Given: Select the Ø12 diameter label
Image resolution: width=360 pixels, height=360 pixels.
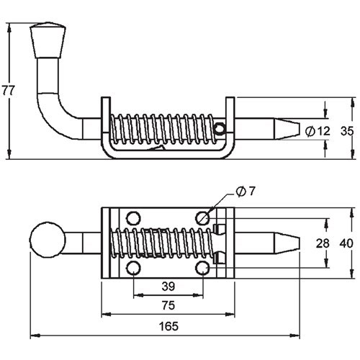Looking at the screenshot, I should pos(317,130).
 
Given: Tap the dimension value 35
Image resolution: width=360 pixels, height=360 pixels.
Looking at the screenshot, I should pos(346,130).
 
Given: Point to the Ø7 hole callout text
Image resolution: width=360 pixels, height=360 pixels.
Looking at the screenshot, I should pos(246,191).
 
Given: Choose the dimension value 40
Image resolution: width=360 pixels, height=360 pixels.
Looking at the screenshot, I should pos(346,243).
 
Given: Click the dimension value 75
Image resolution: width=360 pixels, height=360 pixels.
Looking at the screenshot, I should pos(168,305).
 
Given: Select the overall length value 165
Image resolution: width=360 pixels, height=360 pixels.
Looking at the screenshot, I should pos(168,326).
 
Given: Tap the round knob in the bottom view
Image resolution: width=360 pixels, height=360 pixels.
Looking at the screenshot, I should pos(46,240).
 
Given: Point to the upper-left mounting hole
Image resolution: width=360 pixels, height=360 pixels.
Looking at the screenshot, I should pos(133,217).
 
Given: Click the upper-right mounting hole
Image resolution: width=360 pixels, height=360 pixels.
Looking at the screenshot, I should pos(203,217).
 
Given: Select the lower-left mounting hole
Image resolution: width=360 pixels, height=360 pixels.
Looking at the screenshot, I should pos(133,269).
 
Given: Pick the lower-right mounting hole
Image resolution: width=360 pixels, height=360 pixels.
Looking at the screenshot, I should pos(203,269).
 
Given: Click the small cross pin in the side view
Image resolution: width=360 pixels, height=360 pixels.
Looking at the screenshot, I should pos(220,129).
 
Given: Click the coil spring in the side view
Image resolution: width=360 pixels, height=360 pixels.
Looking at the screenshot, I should pos(162,129).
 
